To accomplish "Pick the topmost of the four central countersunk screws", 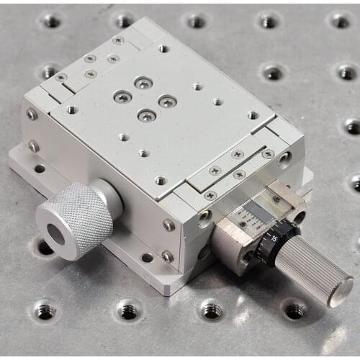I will pos(143,83).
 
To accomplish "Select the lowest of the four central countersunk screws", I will pos(146,114).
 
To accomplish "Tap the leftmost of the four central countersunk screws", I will pos(122,96).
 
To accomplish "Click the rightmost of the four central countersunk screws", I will pos(167,102).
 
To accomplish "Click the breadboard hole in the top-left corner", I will pos(51,21).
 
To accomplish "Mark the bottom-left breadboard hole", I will pos(45,310).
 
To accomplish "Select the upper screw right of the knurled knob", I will pos(168,225).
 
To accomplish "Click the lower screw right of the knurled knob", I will pos(167,256).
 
